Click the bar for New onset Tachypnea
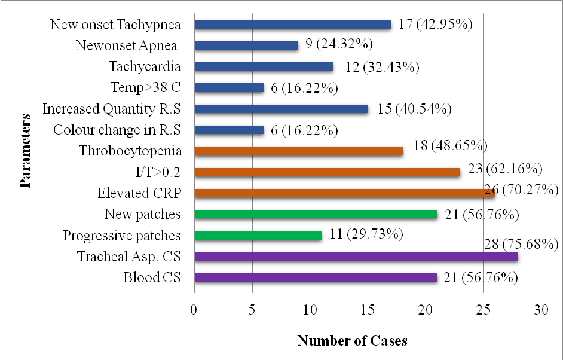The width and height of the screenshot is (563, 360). pyautogui.click(x=292, y=25)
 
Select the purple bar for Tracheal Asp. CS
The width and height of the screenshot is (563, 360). pyautogui.click(x=356, y=257)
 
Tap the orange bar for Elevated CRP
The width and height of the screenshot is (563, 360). pyautogui.click(x=344, y=193)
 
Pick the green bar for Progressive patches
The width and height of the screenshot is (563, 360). pyautogui.click(x=258, y=236)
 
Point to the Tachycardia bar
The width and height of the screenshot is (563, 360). pyautogui.click(x=264, y=67)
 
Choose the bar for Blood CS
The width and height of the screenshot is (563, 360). pyautogui.click(x=316, y=277)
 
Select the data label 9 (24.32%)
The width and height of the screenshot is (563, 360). pyautogui.click(x=339, y=45)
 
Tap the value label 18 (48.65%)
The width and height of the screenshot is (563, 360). pyautogui.click(x=451, y=145)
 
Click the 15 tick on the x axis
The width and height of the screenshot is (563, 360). pyautogui.click(x=368, y=310)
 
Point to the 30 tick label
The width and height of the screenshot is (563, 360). pyautogui.click(x=540, y=310)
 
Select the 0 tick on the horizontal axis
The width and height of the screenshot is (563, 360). pyautogui.click(x=194, y=310)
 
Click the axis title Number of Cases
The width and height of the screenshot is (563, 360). pyautogui.click(x=352, y=341)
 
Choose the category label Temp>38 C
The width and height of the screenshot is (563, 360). pyautogui.click(x=145, y=88)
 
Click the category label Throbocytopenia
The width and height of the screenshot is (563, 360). pyautogui.click(x=130, y=151)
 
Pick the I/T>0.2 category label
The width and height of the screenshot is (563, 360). pyautogui.click(x=158, y=172)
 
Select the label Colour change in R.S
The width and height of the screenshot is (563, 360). pyautogui.click(x=117, y=130)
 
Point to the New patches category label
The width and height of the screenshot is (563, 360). pyautogui.click(x=142, y=214)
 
